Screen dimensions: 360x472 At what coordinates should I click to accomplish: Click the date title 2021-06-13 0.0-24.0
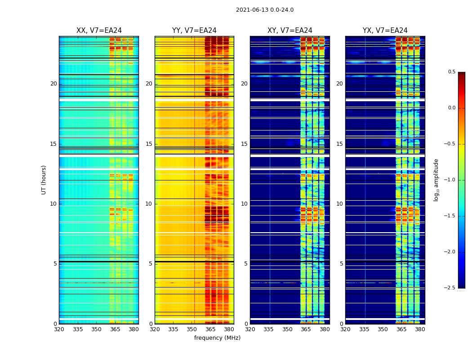[265, 10]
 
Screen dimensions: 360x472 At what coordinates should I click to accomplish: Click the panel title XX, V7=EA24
[99, 31]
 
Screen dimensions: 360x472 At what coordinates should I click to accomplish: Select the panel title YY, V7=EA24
[194, 31]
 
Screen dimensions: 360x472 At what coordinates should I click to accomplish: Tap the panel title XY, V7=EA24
[289, 31]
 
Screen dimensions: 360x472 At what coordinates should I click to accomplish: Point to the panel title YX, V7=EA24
[385, 31]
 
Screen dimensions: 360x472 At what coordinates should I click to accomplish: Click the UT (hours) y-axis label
[44, 180]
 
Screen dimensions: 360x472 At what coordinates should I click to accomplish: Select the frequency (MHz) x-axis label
[217, 338]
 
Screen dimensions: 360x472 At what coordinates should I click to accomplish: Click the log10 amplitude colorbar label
[436, 180]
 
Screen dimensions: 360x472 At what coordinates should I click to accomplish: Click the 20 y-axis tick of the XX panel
[53, 84]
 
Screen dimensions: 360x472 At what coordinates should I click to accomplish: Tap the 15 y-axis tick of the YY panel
[149, 144]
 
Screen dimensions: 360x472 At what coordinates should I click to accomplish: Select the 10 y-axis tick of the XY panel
[244, 204]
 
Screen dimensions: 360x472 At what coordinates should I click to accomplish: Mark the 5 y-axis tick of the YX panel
[341, 264]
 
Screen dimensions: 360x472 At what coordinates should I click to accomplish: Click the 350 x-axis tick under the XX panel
[96, 329]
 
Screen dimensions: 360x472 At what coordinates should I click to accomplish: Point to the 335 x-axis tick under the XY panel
[268, 329]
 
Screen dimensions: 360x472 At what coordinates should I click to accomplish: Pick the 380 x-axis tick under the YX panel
[420, 329]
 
